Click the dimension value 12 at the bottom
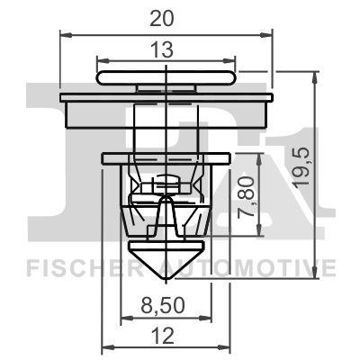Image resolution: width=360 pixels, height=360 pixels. tap(165, 335)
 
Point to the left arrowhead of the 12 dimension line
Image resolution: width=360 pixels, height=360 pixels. tap(107, 350)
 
